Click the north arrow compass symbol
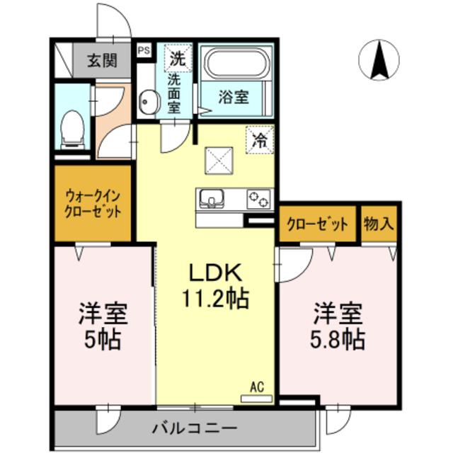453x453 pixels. click(x=379, y=59)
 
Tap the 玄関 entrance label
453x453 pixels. click(x=102, y=60)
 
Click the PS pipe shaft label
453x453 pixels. click(x=144, y=50)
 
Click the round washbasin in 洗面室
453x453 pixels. click(x=147, y=104)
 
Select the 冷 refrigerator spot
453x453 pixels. click(x=260, y=138)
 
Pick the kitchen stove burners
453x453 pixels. click(x=258, y=200)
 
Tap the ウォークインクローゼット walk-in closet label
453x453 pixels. click(x=93, y=202)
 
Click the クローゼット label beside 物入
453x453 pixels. click(x=317, y=225)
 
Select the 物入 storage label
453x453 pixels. click(x=378, y=225)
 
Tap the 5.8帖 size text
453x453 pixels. click(x=338, y=340)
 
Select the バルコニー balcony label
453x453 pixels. click(x=193, y=428)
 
